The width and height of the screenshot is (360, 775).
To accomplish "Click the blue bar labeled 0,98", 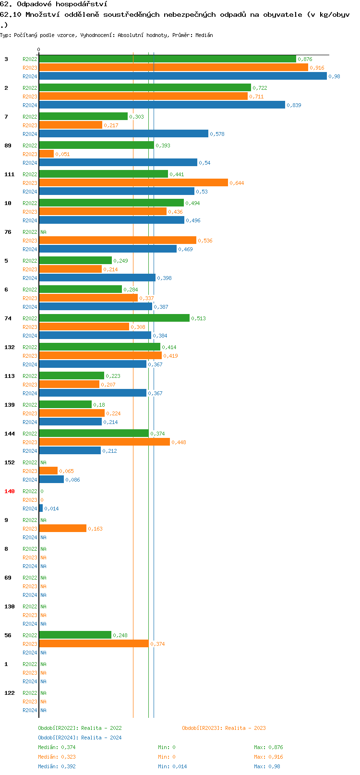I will pyautogui.click(x=182, y=76).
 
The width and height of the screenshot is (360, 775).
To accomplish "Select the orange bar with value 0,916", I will pyautogui.click(x=173, y=68).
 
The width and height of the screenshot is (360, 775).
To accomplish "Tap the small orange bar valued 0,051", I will pyautogui.click(x=47, y=154).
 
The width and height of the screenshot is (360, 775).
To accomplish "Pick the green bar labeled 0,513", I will pyautogui.click(x=114, y=318).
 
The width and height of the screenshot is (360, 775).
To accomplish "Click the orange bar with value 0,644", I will pyautogui.click(x=133, y=183).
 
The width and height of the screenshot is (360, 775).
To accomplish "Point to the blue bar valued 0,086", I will pyautogui.click(x=51, y=480).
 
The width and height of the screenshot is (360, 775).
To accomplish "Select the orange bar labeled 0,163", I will pyautogui.click(x=63, y=529).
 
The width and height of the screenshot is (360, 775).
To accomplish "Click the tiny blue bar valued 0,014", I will pyautogui.click(x=41, y=509).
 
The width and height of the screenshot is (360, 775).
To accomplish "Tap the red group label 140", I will pyautogui.click(x=10, y=491).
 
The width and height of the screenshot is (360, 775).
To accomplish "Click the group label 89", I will pyautogui.click(x=8, y=145).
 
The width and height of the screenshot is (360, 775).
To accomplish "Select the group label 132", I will pyautogui.click(x=10, y=347).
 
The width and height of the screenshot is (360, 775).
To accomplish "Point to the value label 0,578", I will pyautogui.click(x=217, y=134).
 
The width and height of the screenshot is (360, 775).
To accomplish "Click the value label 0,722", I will pyautogui.click(x=260, y=88).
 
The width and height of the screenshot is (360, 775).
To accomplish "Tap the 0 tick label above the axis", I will pyautogui.click(x=39, y=49).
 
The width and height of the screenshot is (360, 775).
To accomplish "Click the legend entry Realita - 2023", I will pyautogui.click(x=224, y=728).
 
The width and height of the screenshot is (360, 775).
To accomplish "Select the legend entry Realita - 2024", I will pyautogui.click(x=80, y=738).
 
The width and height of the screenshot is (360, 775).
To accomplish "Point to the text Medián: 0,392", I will pyautogui.click(x=57, y=766).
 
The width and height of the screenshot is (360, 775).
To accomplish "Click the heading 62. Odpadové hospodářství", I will pyautogui.click(x=54, y=4).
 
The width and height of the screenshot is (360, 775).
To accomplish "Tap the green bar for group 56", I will pyautogui.click(x=75, y=635).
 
